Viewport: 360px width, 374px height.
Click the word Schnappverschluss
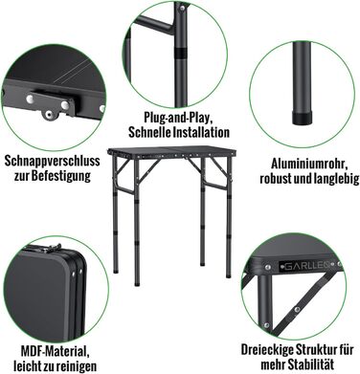(52, 161)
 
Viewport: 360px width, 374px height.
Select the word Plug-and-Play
(178, 118)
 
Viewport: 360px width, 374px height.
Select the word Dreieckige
(268, 350)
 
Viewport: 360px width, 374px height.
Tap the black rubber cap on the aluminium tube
(303, 118)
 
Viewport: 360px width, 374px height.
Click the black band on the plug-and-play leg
(181, 54)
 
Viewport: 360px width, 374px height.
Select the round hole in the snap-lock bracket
(48, 115)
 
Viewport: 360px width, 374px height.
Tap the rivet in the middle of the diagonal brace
(297, 309)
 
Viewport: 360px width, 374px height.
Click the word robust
(275, 179)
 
